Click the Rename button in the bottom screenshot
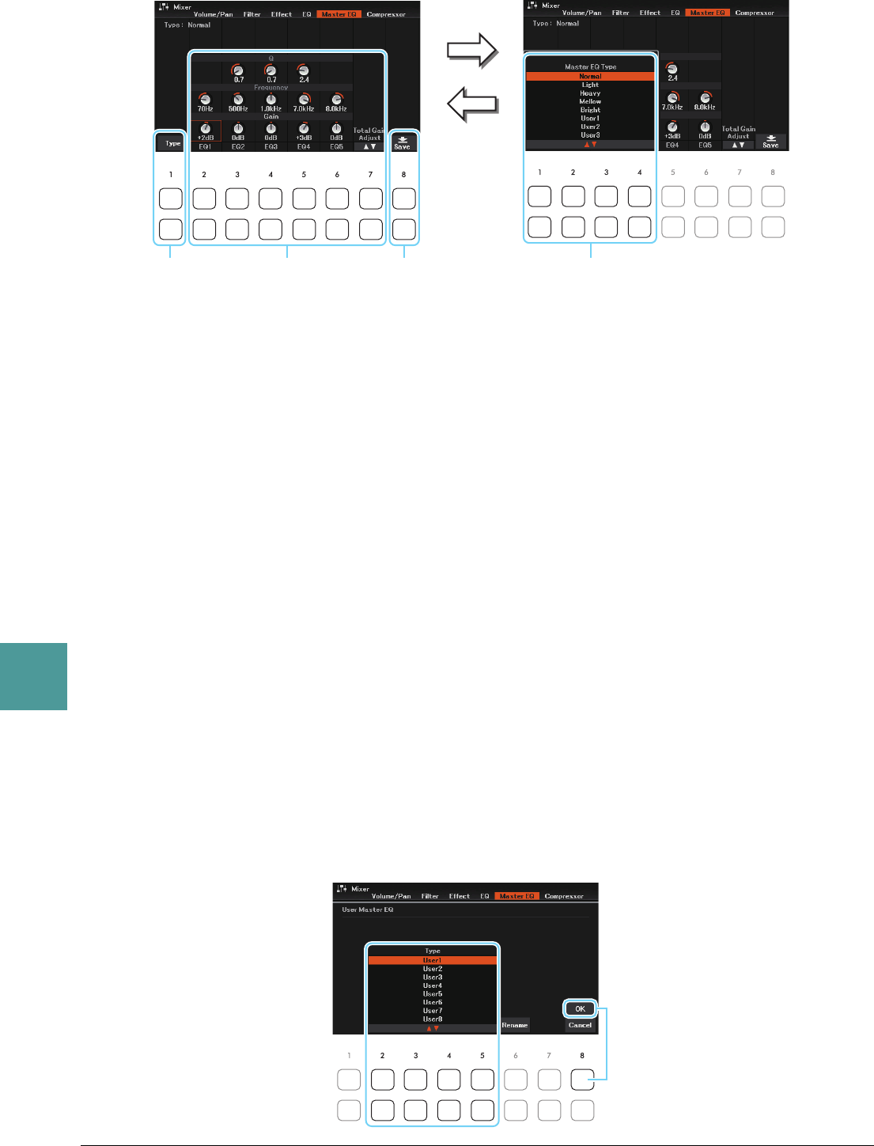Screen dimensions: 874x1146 pos(514,1025)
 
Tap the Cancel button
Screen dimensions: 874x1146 pos(580,1025)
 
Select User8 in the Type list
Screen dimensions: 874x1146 pos(433,1019)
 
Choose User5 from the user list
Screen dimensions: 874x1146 pos(433,994)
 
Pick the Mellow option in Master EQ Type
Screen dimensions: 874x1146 pos(590,102)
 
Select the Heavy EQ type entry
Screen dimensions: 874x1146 pos(590,93)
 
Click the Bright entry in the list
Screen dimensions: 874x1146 pos(590,110)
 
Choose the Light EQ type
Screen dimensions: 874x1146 pos(590,85)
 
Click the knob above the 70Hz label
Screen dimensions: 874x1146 pos(206,99)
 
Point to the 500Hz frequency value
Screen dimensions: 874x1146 pos(238,109)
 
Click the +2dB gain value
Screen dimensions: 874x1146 pos(206,138)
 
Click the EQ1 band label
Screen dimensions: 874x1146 pos(206,146)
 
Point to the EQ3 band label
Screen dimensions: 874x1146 pos(271,146)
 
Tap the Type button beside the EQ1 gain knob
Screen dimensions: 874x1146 pos(172,143)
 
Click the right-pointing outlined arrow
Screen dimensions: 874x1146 pos(472,51)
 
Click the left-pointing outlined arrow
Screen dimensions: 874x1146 pos(472,104)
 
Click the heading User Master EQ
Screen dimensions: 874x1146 pos(367,910)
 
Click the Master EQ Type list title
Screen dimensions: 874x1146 pos(590,67)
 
